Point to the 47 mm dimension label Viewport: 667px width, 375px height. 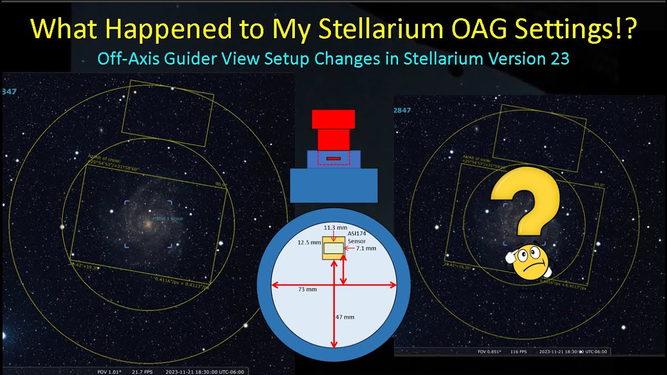pos(345,317)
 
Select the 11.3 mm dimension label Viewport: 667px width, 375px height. pos(335,228)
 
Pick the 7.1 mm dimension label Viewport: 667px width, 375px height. pos(366,248)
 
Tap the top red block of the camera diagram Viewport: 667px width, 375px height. pos(333,119)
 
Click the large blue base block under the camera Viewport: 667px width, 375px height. pos(333,185)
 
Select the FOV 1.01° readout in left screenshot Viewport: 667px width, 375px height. pos(110,371)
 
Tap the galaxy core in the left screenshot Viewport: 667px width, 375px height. pos(148,223)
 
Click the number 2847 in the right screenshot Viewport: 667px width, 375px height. pos(402,110)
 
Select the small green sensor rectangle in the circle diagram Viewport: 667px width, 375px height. pos(333,249)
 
